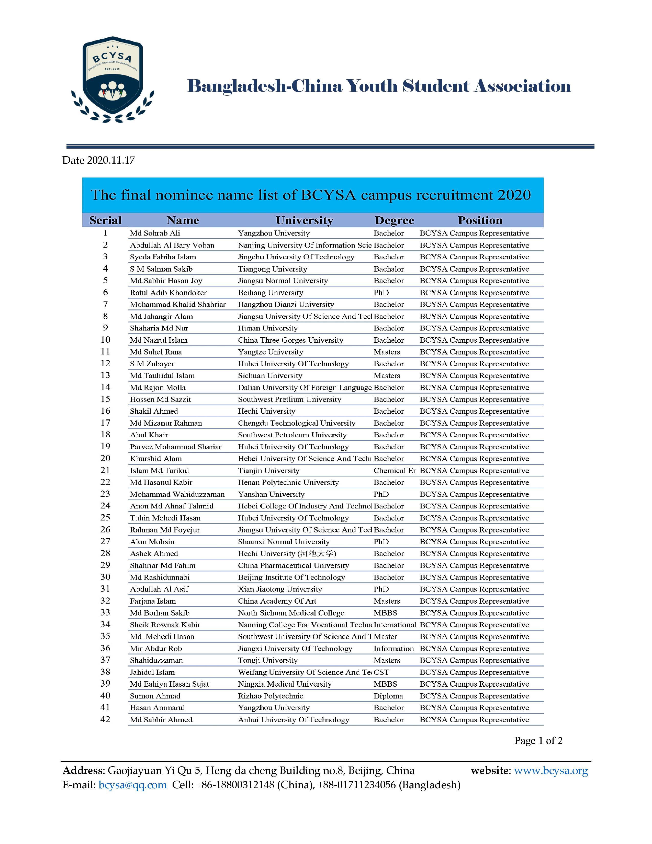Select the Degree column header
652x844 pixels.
pyautogui.click(x=394, y=220)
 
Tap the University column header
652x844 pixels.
pyautogui.click(x=304, y=220)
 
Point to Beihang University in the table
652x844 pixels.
pyautogui.click(x=270, y=293)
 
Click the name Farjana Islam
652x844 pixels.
pyautogui.click(x=153, y=601)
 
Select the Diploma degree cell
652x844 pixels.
pyautogui.click(x=388, y=696)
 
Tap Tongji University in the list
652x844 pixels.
pyautogui.click(x=267, y=660)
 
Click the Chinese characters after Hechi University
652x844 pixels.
pyautogui.click(x=318, y=553)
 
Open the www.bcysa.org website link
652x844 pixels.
pyautogui.click(x=550, y=771)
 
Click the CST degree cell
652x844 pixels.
pyautogui.click(x=381, y=672)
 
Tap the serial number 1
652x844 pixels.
pyautogui.click(x=105, y=233)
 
